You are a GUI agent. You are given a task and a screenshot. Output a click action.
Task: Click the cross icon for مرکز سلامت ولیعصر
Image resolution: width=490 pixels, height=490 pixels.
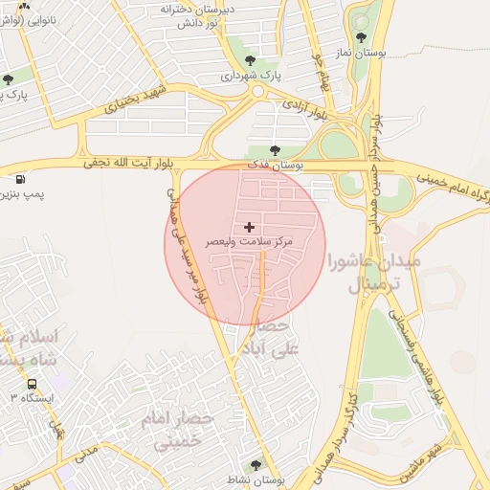[x=250, y=227]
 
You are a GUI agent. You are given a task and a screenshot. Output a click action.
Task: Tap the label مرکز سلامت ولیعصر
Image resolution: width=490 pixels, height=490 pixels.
[x=250, y=243]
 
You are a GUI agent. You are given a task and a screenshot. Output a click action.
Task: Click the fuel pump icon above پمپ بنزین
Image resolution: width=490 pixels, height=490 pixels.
[x=21, y=178]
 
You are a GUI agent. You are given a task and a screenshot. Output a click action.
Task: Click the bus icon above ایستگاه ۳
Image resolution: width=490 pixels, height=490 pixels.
[x=32, y=383]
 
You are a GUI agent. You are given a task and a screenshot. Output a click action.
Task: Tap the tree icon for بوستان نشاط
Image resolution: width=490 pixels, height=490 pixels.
[x=255, y=465]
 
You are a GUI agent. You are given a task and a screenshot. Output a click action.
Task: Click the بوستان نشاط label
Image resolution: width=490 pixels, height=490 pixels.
[x=258, y=479]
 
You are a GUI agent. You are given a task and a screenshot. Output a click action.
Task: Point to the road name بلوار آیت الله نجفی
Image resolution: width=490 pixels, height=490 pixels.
[x=129, y=163]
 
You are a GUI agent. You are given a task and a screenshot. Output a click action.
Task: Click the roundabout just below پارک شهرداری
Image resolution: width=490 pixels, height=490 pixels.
[x=256, y=92]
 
